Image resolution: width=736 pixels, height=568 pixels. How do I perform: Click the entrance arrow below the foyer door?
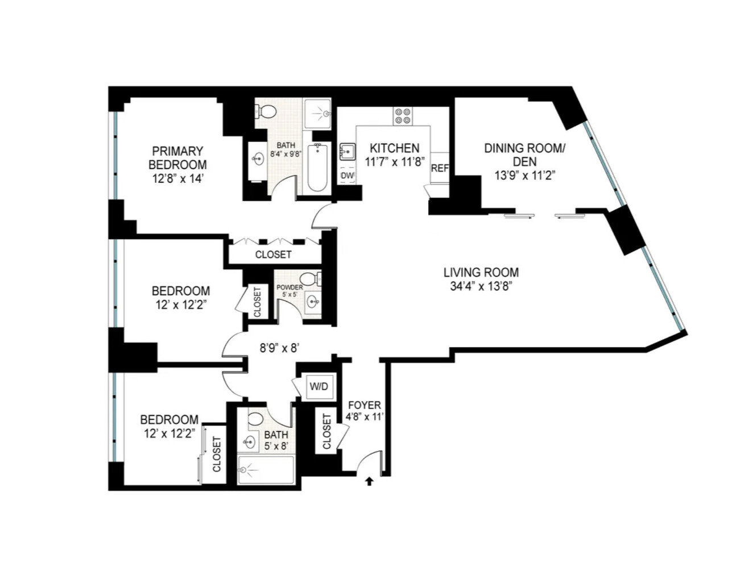tap(369, 481)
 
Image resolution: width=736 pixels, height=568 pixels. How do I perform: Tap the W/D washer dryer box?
tap(319, 387)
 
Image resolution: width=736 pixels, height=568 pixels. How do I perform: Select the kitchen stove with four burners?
tap(403, 116)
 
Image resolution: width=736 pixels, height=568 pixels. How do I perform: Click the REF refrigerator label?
tap(440, 169)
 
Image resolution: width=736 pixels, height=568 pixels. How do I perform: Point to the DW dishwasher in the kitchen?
tap(347, 176)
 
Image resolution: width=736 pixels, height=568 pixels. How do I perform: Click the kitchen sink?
tap(347, 152)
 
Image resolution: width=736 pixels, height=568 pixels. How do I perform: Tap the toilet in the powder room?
tap(309, 279)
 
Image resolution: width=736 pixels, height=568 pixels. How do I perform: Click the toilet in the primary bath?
tap(266, 111)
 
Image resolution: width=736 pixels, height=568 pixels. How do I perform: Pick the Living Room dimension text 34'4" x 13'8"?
tap(481, 286)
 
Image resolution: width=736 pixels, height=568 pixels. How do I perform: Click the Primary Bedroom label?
tap(177, 158)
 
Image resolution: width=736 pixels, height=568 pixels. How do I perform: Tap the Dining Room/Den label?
tap(524, 154)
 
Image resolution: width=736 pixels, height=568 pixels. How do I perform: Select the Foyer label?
tap(365, 405)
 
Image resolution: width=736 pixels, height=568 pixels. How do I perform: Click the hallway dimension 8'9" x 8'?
tap(279, 348)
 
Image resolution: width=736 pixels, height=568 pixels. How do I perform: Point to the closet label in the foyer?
tap(326, 431)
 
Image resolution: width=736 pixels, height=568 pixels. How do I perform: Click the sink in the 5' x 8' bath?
tap(249, 441)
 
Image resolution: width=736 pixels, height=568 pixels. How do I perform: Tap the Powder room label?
tap(290, 287)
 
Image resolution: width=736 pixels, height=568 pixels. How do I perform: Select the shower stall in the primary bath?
tap(317, 114)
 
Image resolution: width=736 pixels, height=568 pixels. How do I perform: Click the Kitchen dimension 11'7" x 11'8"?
tap(395, 162)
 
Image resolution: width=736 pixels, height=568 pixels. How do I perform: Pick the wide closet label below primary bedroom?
tap(273, 254)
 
